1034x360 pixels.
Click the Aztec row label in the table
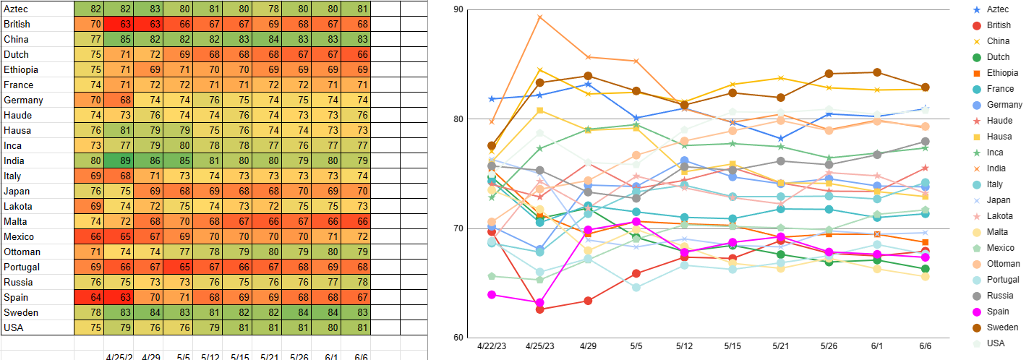click(16, 9)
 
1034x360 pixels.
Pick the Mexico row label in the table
click(20, 236)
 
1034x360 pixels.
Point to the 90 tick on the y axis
click(458, 10)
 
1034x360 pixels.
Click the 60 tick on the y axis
click(458, 338)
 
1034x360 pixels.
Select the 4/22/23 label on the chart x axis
click(492, 348)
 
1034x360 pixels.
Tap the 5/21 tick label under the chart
click(781, 348)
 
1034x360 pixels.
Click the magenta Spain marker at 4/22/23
click(492, 294)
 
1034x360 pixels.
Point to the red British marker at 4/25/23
click(539, 309)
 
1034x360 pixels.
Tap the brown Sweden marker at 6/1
click(877, 72)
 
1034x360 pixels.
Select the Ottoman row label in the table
click(22, 252)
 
